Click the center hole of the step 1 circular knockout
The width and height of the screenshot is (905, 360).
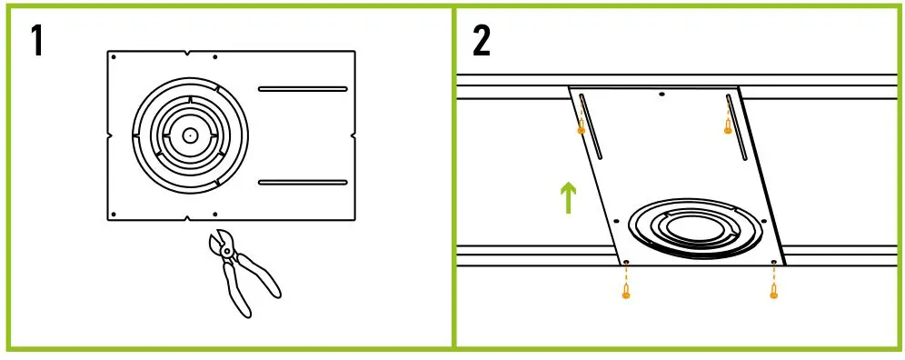189,135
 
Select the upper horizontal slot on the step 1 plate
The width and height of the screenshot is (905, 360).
303,89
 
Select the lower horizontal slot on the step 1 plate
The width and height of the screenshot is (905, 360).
303,182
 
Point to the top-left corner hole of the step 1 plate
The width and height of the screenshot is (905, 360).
113,57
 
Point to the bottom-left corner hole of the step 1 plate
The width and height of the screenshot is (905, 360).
113,213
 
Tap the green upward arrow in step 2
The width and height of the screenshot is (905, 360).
568,197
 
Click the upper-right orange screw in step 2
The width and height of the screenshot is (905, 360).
727,128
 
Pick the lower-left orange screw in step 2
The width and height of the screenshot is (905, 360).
625,292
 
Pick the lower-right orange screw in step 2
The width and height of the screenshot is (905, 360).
773,292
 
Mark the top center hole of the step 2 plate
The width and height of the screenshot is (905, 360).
661,94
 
